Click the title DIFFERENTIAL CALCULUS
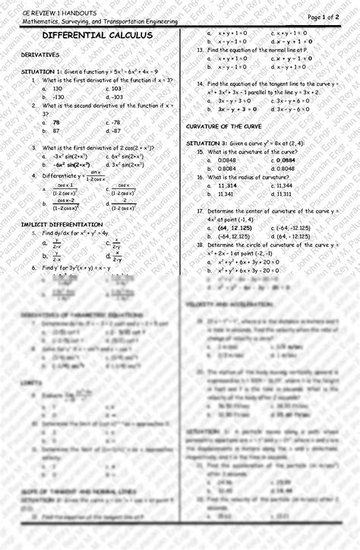click(x=97, y=36)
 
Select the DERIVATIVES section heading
click(x=41, y=55)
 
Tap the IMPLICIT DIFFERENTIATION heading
click(x=62, y=224)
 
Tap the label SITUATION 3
click(x=207, y=143)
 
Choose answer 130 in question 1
click(x=58, y=88)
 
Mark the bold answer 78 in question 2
click(x=56, y=122)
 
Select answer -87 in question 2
click(x=116, y=131)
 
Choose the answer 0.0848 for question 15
click(x=227, y=160)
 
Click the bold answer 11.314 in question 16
click(x=227, y=185)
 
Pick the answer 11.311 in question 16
click(x=285, y=194)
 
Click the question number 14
click(x=200, y=84)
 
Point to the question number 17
click(x=200, y=210)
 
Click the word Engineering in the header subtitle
click(x=158, y=22)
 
